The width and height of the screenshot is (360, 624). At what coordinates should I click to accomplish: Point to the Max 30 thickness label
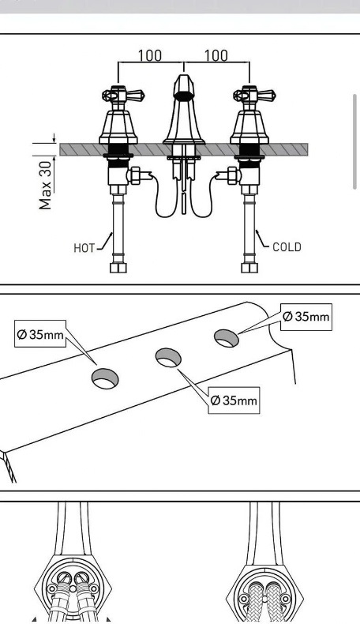click(x=47, y=186)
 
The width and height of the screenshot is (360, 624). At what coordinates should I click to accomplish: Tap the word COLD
click(x=287, y=247)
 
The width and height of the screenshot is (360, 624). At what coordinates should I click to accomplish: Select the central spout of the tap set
click(x=184, y=111)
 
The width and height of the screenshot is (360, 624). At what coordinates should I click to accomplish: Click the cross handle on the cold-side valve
click(x=249, y=97)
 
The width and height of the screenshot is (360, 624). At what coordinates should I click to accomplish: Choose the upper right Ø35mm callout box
click(x=306, y=317)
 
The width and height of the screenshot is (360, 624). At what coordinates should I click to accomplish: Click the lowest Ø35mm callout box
click(x=234, y=400)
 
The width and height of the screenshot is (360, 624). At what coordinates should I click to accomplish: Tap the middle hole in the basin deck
click(x=167, y=358)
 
